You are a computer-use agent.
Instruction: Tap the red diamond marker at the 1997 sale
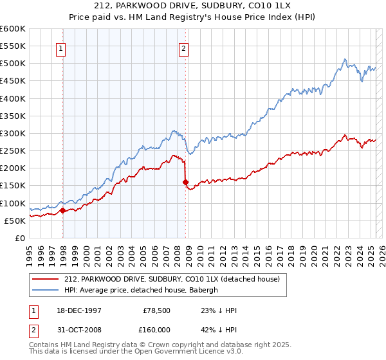[63, 210]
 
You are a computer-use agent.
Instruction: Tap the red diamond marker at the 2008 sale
[185, 182]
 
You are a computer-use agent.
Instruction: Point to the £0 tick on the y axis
[20, 238]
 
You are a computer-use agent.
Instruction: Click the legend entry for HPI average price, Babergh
[142, 290]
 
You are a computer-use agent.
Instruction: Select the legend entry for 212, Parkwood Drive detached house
[172, 280]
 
